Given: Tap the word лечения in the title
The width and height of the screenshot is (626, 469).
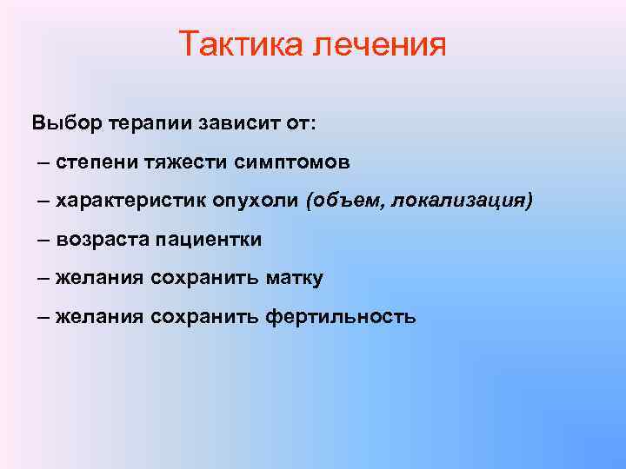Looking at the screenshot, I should [x=376, y=44].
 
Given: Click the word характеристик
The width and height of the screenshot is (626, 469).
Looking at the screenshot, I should [x=131, y=201].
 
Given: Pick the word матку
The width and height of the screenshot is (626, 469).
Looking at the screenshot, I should [x=294, y=278].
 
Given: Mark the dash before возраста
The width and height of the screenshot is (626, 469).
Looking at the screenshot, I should [x=44, y=239].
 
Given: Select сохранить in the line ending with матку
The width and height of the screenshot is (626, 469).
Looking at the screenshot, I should [x=204, y=278].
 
